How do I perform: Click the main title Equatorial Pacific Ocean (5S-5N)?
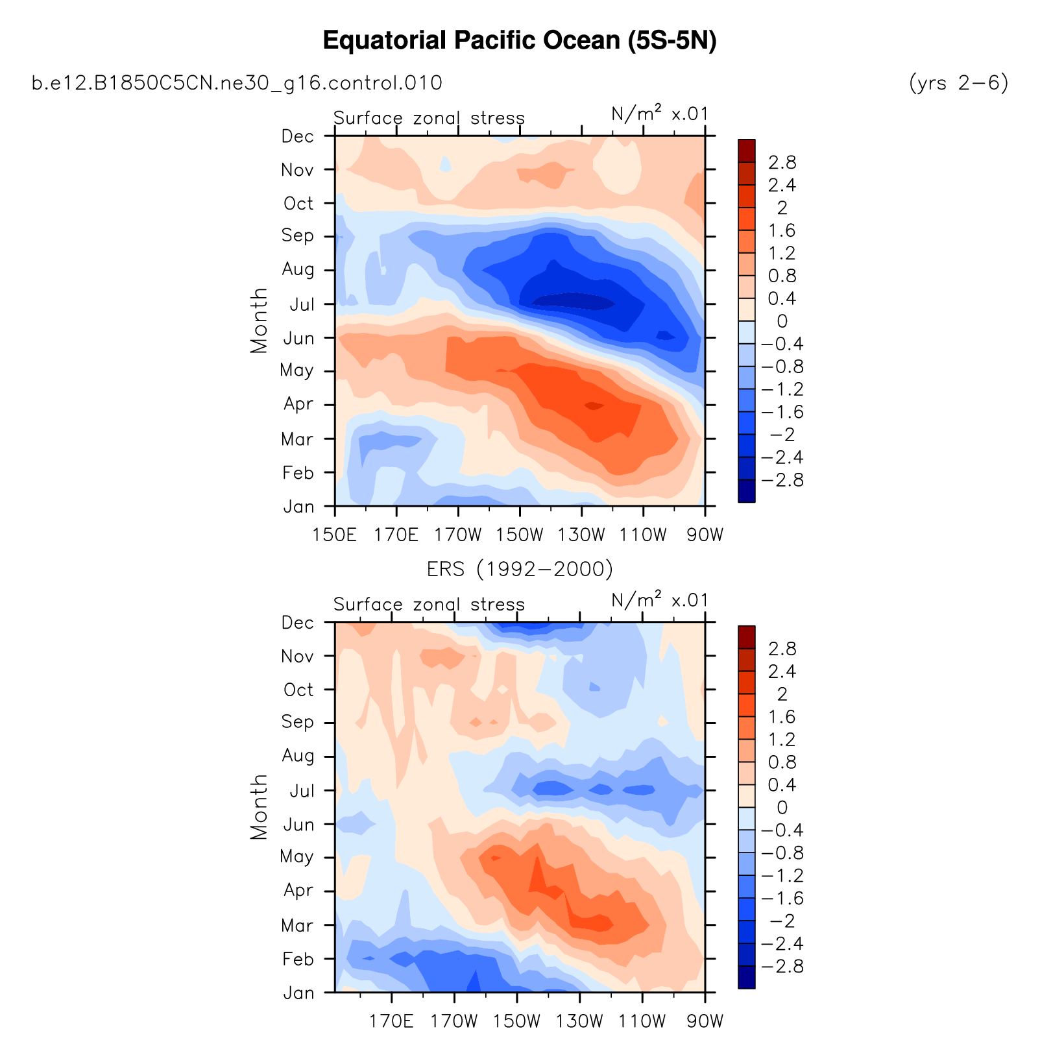click(519, 41)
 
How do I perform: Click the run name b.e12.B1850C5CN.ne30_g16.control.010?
click(237, 83)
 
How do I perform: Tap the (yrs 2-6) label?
click(959, 83)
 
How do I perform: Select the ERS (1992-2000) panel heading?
click(520, 569)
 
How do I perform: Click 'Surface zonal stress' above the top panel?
click(429, 118)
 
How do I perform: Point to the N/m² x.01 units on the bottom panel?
click(660, 601)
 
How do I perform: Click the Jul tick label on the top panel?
click(302, 304)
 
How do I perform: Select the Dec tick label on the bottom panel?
click(298, 623)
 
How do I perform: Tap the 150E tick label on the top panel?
click(335, 535)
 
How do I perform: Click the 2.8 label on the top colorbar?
click(782, 162)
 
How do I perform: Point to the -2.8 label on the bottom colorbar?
click(782, 967)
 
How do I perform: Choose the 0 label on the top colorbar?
click(782, 321)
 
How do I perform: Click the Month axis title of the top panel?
click(259, 320)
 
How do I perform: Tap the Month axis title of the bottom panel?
click(259, 806)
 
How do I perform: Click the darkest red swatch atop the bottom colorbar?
click(747, 637)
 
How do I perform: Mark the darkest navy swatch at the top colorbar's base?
click(747, 491)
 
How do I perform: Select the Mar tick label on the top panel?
click(298, 439)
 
